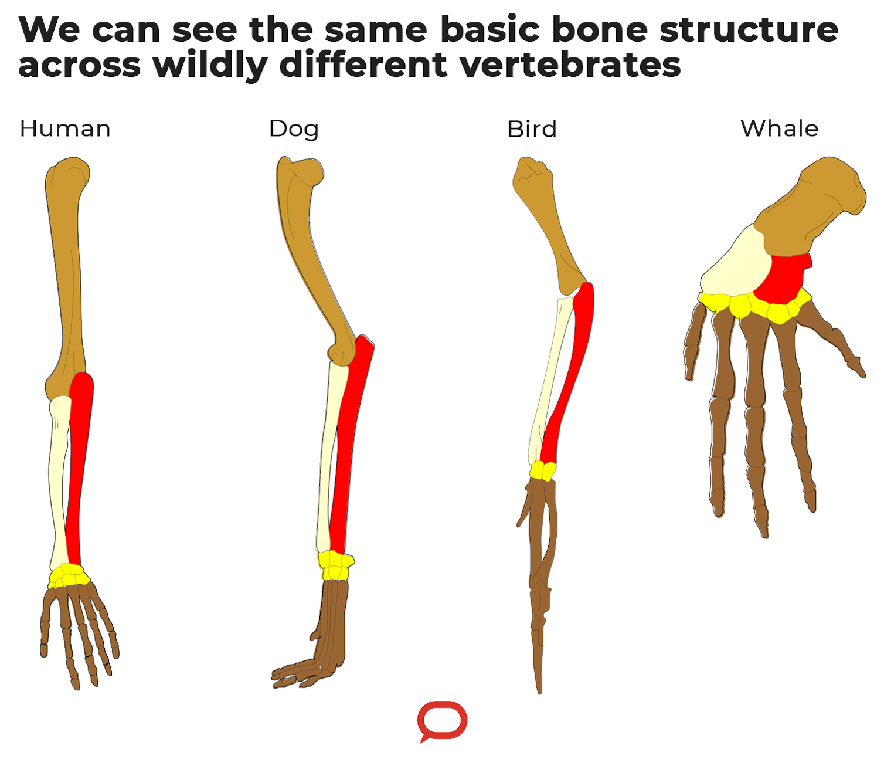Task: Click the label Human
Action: click(65, 128)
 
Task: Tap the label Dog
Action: click(294, 129)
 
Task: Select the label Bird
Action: click(532, 129)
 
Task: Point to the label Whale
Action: click(779, 128)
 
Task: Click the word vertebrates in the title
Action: click(570, 65)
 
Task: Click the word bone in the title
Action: click(599, 29)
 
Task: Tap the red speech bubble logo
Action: click(442, 720)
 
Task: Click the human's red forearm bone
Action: click(79, 463)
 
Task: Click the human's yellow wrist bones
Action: click(68, 575)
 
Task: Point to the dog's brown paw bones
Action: click(328, 633)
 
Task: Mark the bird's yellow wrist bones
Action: click(543, 471)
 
